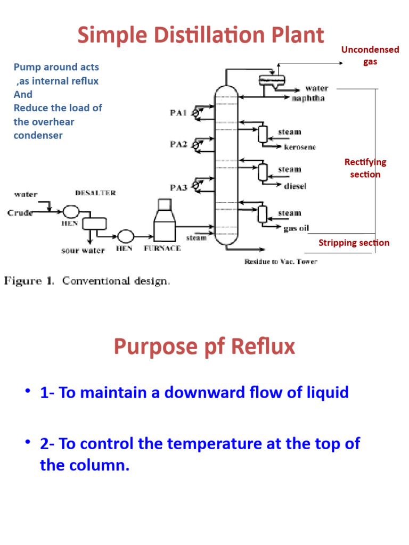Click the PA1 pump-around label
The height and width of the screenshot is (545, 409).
(178, 113)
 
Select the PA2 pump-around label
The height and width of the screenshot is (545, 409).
(178, 144)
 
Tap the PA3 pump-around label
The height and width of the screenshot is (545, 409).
(178, 187)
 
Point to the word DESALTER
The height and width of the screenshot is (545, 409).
(95, 193)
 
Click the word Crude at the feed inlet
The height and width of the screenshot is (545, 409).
(20, 213)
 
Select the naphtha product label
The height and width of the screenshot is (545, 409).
(308, 98)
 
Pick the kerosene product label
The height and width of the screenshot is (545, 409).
(300, 147)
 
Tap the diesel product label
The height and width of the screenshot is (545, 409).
(295, 186)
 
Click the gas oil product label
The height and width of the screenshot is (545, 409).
(296, 228)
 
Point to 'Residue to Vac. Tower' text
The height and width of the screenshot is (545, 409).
(281, 261)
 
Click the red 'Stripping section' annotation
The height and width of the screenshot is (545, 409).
(354, 243)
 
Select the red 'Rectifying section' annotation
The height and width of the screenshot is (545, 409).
(365, 168)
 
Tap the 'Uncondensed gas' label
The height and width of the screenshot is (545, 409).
(370, 55)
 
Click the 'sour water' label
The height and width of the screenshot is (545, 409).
(83, 250)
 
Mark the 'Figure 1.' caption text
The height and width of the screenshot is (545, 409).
(29, 281)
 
